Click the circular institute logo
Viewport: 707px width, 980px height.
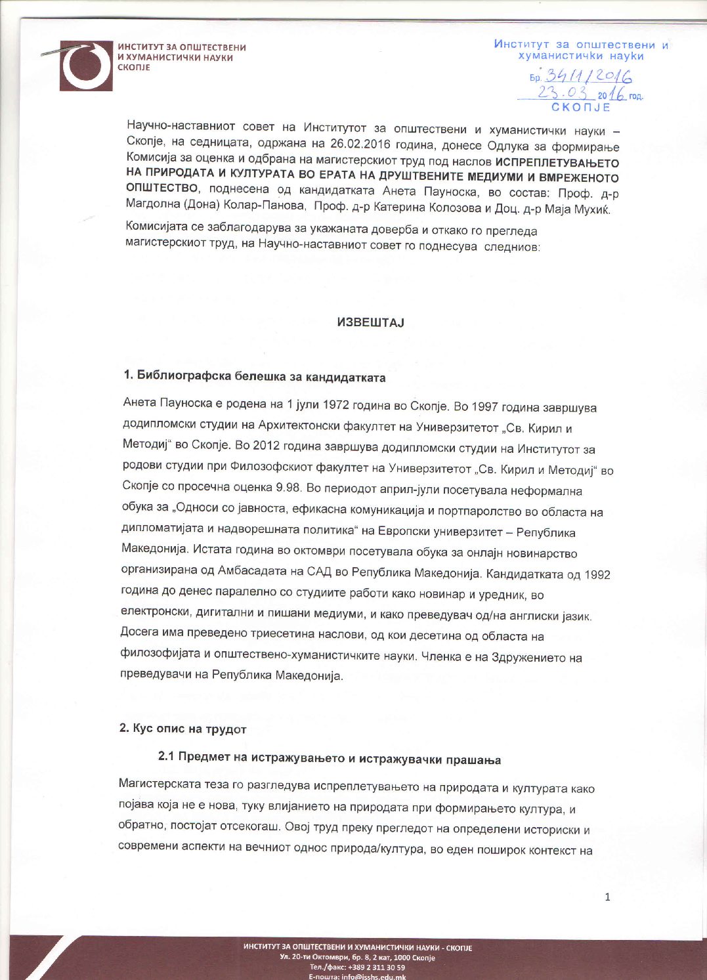(x=86, y=66)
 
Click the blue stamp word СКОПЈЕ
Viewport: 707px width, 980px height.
(x=580, y=107)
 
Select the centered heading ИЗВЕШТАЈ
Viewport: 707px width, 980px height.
(x=370, y=322)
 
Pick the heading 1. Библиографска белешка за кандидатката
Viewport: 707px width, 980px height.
(x=255, y=377)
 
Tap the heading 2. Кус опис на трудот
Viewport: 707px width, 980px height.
(x=182, y=729)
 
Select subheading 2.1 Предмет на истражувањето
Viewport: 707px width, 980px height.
(x=330, y=759)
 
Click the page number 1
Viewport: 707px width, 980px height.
(x=607, y=897)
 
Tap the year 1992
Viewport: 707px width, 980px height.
(x=597, y=575)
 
